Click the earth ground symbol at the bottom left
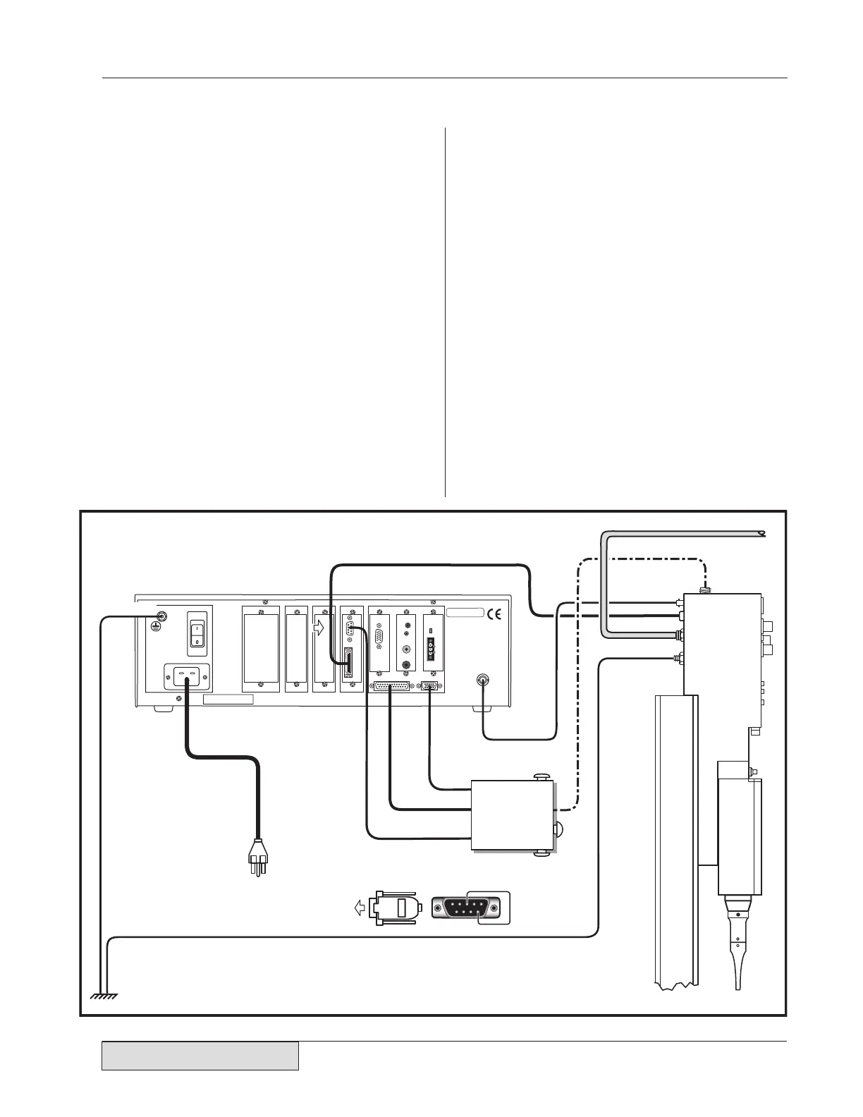pos(104,996)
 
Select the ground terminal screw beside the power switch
pos(159,616)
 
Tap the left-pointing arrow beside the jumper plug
pos(360,908)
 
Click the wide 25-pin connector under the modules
pos(390,685)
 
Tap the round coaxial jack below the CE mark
pos(482,680)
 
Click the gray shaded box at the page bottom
pos(200,1056)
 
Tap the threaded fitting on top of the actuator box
pos(702,588)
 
